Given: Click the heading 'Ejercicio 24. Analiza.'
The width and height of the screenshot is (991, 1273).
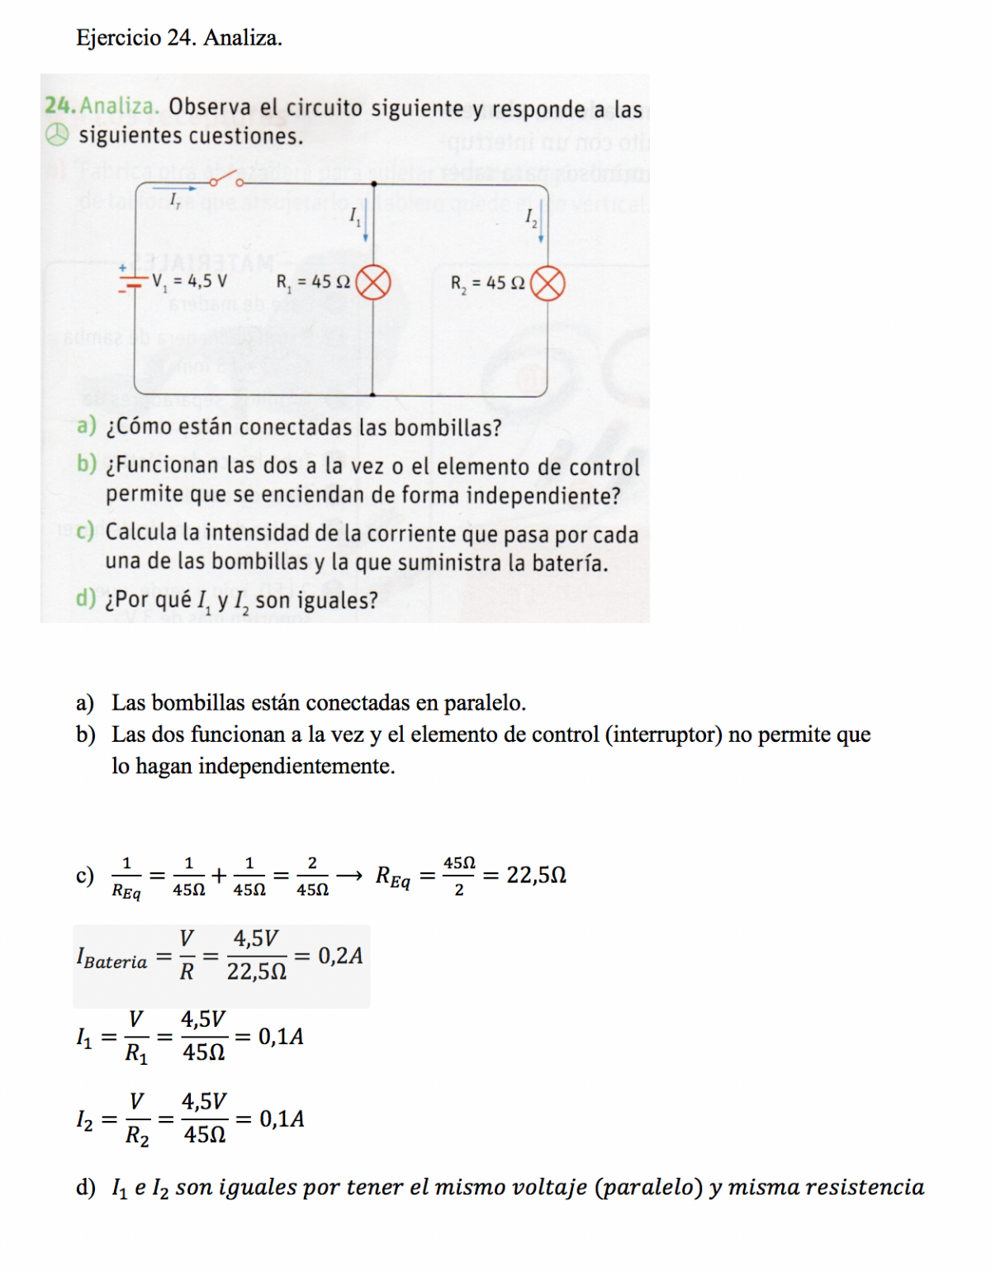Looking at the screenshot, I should coord(178,38).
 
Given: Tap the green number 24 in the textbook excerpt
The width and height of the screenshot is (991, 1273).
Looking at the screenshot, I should coord(59,107).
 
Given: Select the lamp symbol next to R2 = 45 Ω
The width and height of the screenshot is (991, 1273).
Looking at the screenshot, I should coord(548,284).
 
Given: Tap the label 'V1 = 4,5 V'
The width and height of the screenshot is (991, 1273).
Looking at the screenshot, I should coord(189,282).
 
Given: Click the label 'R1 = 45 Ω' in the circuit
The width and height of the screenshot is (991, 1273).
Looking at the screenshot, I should coord(313,283).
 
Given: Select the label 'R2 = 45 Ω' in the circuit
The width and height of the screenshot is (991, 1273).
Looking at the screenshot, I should coord(487,283).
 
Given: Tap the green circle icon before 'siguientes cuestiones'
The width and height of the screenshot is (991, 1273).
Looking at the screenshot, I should coord(56,135).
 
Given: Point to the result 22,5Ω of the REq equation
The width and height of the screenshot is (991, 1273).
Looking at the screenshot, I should coord(536,875).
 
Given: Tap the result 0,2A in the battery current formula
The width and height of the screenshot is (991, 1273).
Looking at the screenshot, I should coord(340,956).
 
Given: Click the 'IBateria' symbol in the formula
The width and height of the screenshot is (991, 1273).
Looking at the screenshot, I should coord(111,959).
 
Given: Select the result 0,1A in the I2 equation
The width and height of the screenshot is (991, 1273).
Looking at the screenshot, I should coord(282,1119).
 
